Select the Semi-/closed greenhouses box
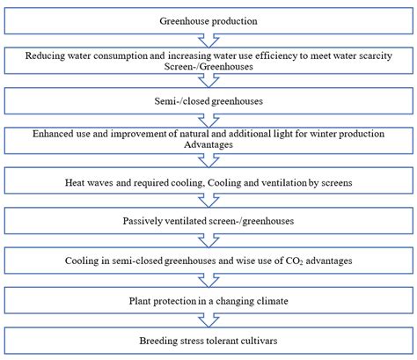(208, 100)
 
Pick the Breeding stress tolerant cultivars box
(208, 341)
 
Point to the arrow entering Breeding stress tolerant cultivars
(208, 320)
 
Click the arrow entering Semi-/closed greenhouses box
(208, 81)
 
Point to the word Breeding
(161, 341)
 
